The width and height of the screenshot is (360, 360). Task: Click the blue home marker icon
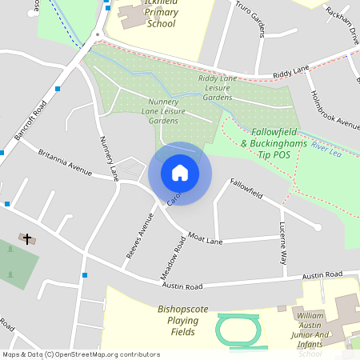coord(180,173)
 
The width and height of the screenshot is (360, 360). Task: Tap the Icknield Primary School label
coord(150,14)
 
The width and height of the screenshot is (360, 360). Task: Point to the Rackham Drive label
coord(342,26)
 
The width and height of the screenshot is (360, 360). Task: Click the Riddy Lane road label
coord(290,73)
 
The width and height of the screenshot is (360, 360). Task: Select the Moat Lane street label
coord(204,238)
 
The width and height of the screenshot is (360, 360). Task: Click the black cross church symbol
coord(27,239)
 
